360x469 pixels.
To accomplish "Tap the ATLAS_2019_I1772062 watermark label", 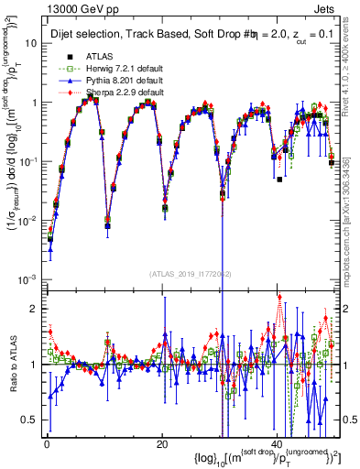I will tap(190, 274).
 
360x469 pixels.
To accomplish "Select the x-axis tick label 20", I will tap(162, 443).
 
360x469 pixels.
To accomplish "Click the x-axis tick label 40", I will tap(277, 443).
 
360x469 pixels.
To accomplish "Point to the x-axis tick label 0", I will tap(47, 443).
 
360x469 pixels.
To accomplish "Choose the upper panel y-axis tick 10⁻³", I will tap(27, 278).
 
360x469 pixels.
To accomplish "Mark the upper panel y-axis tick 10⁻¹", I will tap(27, 161).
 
